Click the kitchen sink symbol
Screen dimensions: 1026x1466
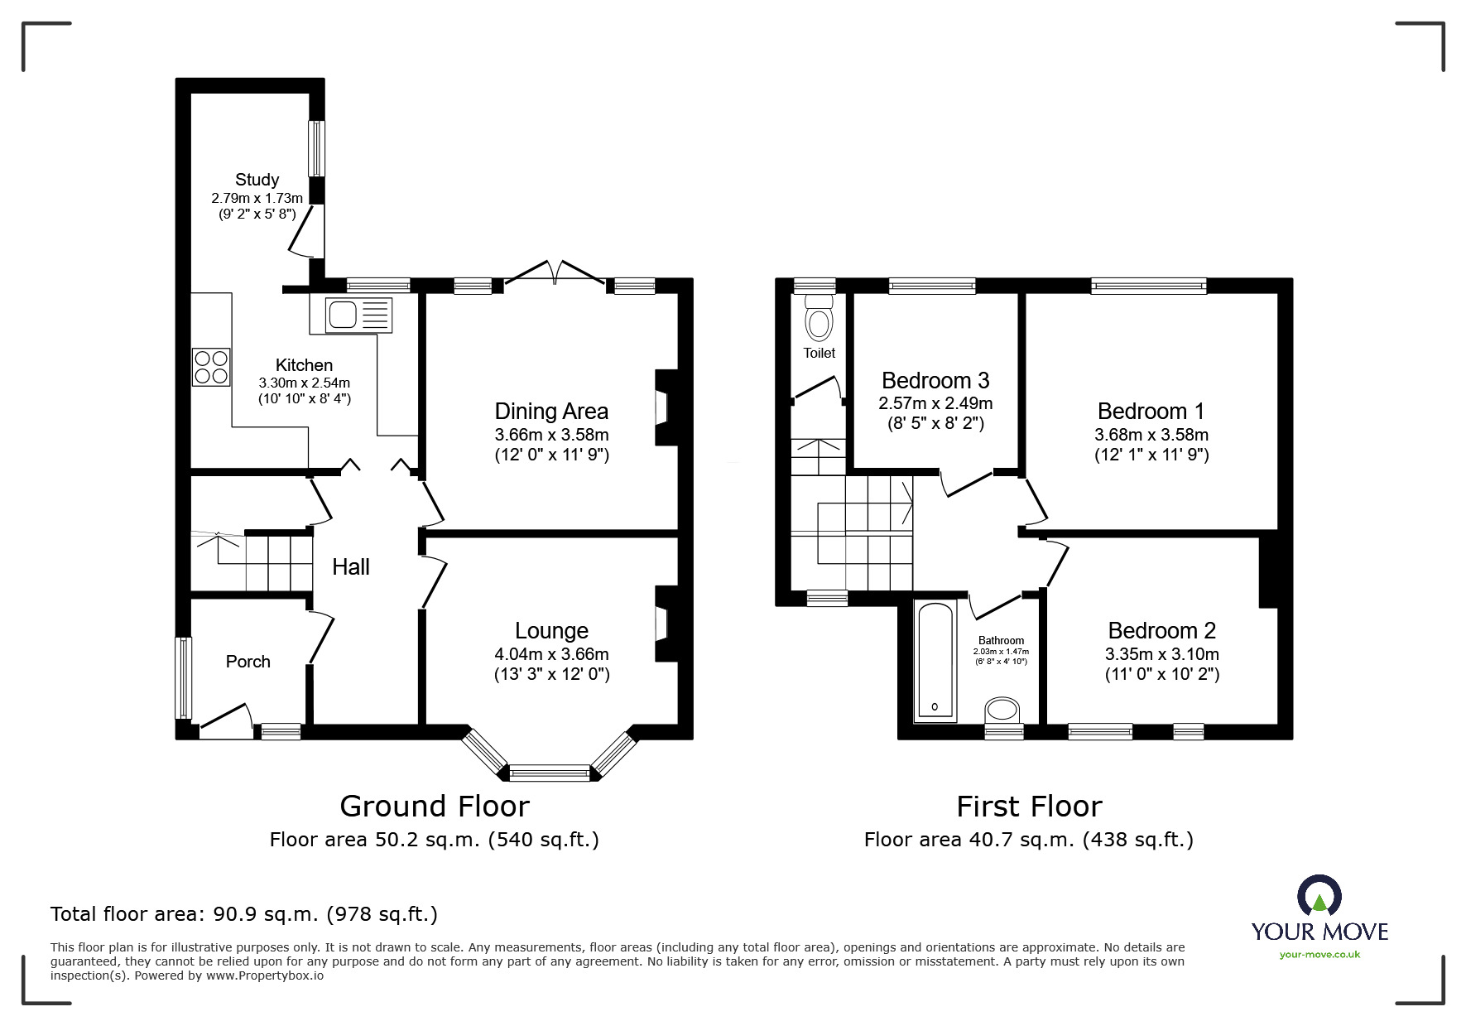(x=358, y=316)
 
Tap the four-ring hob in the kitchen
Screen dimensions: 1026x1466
(x=211, y=367)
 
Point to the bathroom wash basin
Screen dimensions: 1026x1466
(x=1002, y=710)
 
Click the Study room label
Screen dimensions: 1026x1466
(x=257, y=180)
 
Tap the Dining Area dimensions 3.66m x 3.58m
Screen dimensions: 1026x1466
(x=551, y=435)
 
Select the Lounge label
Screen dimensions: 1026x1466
(x=551, y=631)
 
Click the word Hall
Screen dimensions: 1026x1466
(x=351, y=567)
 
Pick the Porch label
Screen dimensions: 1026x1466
(x=248, y=662)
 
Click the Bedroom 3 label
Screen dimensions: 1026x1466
(x=935, y=381)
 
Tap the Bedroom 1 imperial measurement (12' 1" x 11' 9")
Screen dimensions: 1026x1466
(x=1151, y=455)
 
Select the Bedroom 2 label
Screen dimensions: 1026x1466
(x=1161, y=631)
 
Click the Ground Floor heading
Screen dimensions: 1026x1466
(x=435, y=806)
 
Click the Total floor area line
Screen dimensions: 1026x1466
(x=244, y=914)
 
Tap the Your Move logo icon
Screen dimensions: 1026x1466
(x=1319, y=896)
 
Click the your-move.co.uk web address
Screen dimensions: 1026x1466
(x=1319, y=955)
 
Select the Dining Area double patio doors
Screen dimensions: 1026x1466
(x=555, y=273)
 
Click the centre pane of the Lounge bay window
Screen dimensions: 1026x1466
(x=550, y=773)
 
